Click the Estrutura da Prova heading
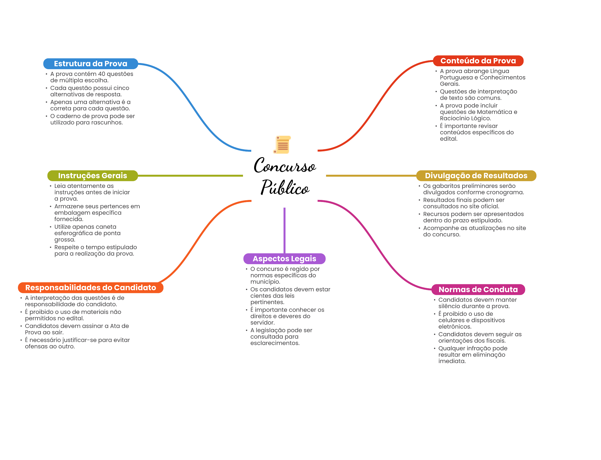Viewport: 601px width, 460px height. coord(90,64)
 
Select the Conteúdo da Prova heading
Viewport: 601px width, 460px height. coord(478,61)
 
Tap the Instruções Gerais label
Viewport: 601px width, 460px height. coord(92,176)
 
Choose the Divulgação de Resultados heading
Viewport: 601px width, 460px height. coord(476,176)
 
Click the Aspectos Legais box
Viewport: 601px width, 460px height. coord(284,259)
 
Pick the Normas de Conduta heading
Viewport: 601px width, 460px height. coord(478,289)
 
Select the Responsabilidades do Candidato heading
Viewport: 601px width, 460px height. coord(91,288)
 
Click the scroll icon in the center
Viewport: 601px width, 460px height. coord(282,145)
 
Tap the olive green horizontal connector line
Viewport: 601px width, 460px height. coord(191,176)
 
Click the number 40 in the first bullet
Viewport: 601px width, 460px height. coord(102,74)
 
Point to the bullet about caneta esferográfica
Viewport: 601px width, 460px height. coord(87,233)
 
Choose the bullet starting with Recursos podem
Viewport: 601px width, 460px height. coord(473,217)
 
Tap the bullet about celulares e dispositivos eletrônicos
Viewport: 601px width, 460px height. coord(471,320)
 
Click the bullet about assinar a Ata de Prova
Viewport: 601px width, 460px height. coord(77,329)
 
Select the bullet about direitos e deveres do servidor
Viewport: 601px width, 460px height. coord(287,316)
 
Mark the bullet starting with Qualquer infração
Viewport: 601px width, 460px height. coord(472,355)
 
